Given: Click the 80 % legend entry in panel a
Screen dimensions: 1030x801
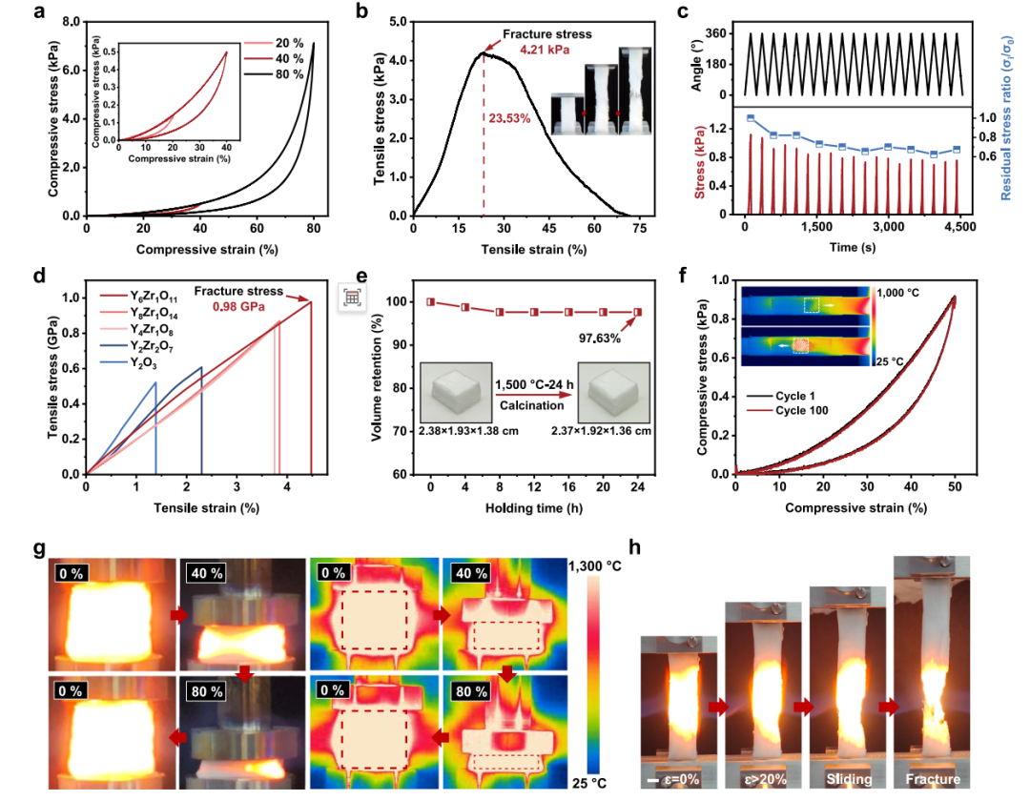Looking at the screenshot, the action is pyautogui.click(x=274, y=74).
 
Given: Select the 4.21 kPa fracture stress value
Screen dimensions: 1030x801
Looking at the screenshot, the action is pyautogui.click(x=545, y=50).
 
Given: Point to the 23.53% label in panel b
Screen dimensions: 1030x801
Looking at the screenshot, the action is pyautogui.click(x=509, y=118).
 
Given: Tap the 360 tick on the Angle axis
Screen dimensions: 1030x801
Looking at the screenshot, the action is pyautogui.click(x=715, y=33).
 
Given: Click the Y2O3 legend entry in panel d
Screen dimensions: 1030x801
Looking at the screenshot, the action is pyautogui.click(x=128, y=363).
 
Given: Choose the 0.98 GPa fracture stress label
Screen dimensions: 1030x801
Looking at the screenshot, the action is pyautogui.click(x=238, y=307).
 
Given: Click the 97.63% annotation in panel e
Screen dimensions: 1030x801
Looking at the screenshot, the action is pyautogui.click(x=599, y=339).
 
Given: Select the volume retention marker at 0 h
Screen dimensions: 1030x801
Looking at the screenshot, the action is pyautogui.click(x=430, y=302).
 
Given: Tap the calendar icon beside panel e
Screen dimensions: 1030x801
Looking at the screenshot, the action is pyautogui.click(x=352, y=298).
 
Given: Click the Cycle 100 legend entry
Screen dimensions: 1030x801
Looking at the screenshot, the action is pyautogui.click(x=788, y=410).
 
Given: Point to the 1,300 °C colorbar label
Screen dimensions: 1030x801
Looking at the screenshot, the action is pyautogui.click(x=594, y=566).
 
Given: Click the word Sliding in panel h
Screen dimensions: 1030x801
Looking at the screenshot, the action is pyautogui.click(x=849, y=779).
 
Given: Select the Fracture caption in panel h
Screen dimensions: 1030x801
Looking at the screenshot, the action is pyautogui.click(x=933, y=779).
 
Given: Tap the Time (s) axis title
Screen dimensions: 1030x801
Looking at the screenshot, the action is pyautogui.click(x=852, y=247).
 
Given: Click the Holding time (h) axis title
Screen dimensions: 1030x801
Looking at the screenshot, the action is pyautogui.click(x=533, y=507).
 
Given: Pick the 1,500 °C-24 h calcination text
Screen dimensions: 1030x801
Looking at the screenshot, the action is pyautogui.click(x=534, y=384).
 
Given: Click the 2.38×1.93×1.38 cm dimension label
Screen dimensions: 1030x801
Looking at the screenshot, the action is pyautogui.click(x=468, y=431).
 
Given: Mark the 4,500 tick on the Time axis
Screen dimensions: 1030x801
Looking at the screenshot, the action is pyautogui.click(x=960, y=227).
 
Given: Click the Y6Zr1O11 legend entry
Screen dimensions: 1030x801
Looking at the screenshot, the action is pyautogui.click(x=138, y=297).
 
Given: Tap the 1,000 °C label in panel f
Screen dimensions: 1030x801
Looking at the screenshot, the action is pyautogui.click(x=898, y=292).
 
